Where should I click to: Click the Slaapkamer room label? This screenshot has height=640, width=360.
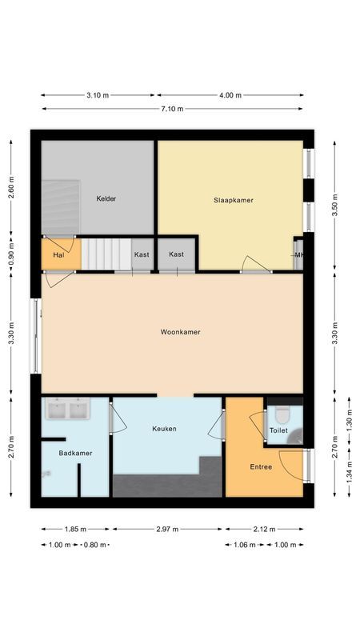tap(233, 200)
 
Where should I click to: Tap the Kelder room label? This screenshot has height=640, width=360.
tap(107, 198)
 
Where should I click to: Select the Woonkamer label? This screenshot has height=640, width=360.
tap(180, 332)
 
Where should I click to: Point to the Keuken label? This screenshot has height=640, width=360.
tap(164, 429)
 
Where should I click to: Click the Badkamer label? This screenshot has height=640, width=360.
tap(75, 453)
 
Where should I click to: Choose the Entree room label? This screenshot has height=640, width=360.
tap(261, 467)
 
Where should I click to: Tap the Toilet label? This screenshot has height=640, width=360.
tap(278, 430)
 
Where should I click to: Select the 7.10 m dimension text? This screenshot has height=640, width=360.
tap(172, 109)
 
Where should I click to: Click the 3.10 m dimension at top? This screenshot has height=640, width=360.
tap(98, 95)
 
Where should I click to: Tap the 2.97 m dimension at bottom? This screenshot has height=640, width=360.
tap(168, 529)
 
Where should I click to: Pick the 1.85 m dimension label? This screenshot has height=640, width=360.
tap(76, 529)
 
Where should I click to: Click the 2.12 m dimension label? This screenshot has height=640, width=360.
tap(265, 529)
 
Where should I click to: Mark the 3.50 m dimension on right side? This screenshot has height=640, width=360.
tap(335, 201)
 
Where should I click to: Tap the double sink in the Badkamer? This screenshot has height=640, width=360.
tap(67, 410)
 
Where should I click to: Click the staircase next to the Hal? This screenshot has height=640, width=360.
tap(106, 253)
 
